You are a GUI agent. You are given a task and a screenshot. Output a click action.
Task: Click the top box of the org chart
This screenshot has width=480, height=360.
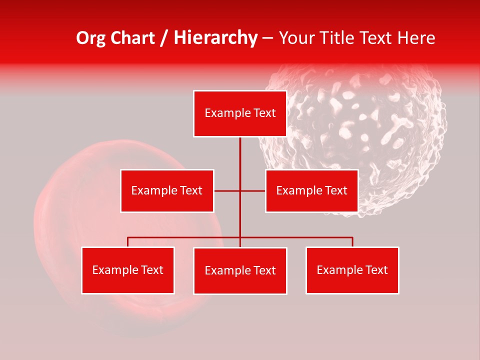point(240,113)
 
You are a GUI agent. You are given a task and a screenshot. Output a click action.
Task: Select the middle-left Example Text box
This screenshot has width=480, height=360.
point(167,190)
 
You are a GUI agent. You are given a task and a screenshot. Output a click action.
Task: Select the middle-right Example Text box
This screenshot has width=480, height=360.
point(311,190)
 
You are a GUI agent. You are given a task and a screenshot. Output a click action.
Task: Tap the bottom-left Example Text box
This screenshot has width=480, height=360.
point(128,270)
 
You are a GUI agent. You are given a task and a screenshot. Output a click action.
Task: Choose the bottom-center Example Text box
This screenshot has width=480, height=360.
point(240,270)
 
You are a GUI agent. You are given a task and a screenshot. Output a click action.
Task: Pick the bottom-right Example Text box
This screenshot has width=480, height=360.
point(352,270)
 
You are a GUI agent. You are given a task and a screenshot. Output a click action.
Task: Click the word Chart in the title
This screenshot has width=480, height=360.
point(132,38)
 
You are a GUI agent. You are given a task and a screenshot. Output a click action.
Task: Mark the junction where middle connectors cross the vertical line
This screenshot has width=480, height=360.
point(240,190)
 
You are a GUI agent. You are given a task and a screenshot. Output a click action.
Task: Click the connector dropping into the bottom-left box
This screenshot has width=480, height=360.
point(128,242)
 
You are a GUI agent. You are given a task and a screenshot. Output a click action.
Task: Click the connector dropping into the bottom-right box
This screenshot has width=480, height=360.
point(352,242)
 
